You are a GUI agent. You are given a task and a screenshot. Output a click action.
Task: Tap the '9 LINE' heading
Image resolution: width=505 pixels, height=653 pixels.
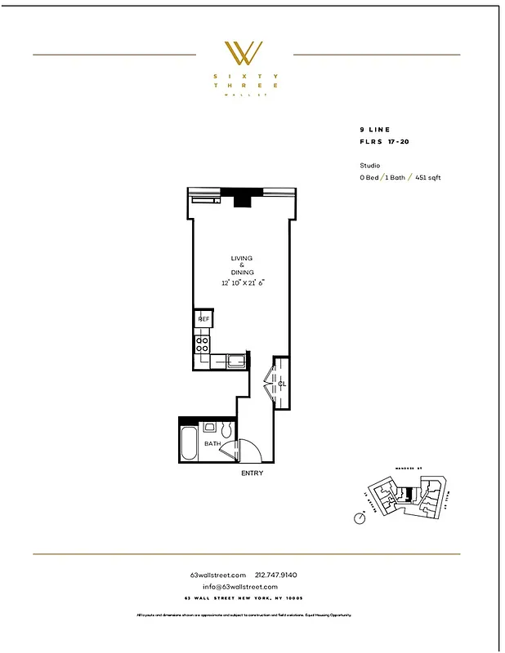click(x=374, y=130)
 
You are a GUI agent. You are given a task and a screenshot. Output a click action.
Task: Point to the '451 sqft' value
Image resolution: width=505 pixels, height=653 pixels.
click(x=427, y=177)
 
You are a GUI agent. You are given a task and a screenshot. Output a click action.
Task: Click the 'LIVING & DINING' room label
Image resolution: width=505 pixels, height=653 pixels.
click(x=242, y=265)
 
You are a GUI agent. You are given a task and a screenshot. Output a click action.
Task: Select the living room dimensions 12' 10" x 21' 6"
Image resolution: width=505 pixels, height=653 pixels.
click(x=244, y=282)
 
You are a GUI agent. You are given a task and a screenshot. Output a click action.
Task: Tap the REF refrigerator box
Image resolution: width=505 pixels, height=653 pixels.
click(x=203, y=319)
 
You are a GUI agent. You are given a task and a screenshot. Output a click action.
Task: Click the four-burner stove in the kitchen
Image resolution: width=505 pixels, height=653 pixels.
click(x=202, y=344)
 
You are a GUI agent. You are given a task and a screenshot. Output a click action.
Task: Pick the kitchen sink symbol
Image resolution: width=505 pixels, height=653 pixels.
click(x=236, y=360)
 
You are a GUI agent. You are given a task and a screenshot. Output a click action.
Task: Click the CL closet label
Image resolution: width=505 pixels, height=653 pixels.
click(x=282, y=383)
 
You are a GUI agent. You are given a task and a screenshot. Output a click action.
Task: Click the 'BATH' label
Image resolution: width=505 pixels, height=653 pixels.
click(x=212, y=444)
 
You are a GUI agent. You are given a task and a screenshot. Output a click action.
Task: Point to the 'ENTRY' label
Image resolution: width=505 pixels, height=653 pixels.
click(x=252, y=473)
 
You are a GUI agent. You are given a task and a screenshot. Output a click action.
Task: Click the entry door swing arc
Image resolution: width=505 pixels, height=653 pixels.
click(x=248, y=449)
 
